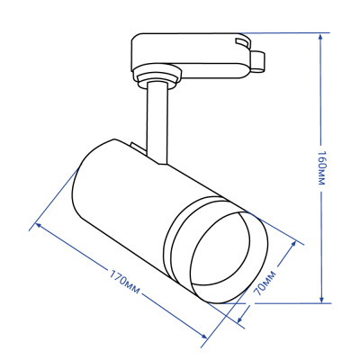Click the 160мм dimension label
[x=321, y=170]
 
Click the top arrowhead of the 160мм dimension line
[x=321, y=38]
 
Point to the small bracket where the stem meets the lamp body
[x=134, y=148]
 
